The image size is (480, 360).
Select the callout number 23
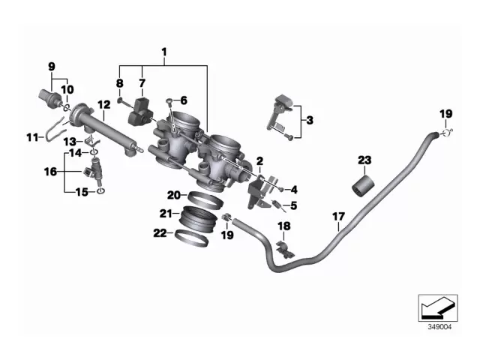point(364,160)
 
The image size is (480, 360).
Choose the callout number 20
point(172,195)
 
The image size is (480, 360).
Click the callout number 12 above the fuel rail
point(103,105)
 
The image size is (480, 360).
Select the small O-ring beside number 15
point(101,192)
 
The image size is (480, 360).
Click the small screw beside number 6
point(170,100)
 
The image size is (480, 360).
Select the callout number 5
point(294,205)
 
